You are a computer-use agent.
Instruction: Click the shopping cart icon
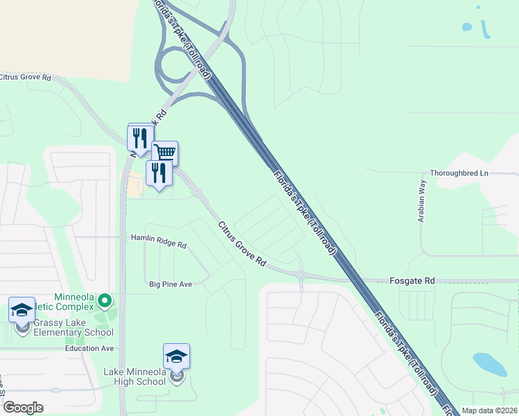[x=165, y=152]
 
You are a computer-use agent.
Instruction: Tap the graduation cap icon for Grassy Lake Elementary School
[x=22, y=309]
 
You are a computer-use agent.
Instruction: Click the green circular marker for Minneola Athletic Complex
[x=105, y=300]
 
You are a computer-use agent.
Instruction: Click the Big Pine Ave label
[x=170, y=284]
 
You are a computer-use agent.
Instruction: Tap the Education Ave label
[x=89, y=349]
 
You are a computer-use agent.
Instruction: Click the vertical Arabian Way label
[x=421, y=200]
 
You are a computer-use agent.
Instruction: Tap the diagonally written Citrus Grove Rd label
[x=242, y=245]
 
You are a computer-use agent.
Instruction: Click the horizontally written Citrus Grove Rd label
[x=26, y=77]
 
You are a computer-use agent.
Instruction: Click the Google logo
[x=23, y=408]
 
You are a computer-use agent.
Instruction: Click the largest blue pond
[x=490, y=363]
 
